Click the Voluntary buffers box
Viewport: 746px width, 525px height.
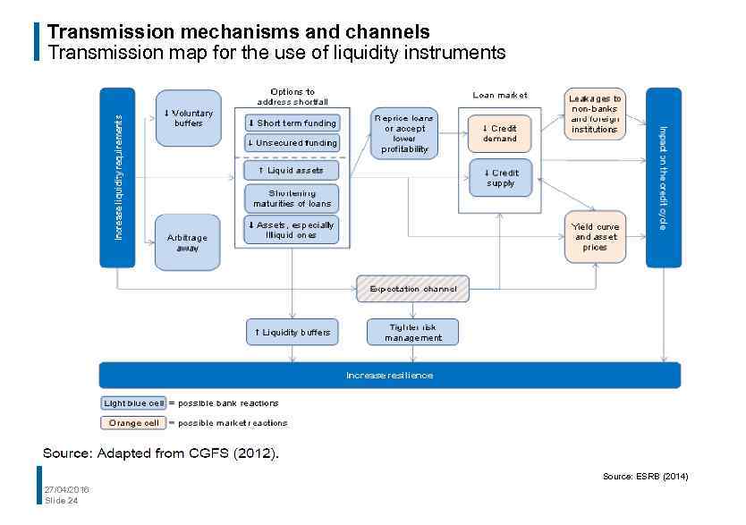(x=188, y=118)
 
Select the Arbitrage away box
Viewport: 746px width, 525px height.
(x=187, y=242)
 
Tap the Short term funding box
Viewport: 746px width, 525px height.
(x=292, y=123)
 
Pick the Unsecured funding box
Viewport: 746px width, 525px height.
(x=292, y=143)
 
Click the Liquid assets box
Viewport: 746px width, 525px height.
(x=292, y=170)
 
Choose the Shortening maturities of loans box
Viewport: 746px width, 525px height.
(x=292, y=199)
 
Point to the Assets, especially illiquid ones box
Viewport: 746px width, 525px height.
(x=292, y=230)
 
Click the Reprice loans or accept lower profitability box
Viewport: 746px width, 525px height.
(x=404, y=133)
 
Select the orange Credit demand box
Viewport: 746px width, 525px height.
(x=499, y=133)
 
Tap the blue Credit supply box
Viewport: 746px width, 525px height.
(x=499, y=178)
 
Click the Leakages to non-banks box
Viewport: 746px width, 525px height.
(x=595, y=114)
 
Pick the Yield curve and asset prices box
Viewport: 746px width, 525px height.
(x=595, y=237)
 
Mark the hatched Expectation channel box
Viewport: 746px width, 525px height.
(x=412, y=289)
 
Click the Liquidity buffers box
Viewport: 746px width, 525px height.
(x=292, y=332)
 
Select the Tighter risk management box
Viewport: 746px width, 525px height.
(x=412, y=332)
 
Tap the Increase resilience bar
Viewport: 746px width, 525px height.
(x=389, y=375)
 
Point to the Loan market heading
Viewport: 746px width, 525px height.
(x=499, y=95)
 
